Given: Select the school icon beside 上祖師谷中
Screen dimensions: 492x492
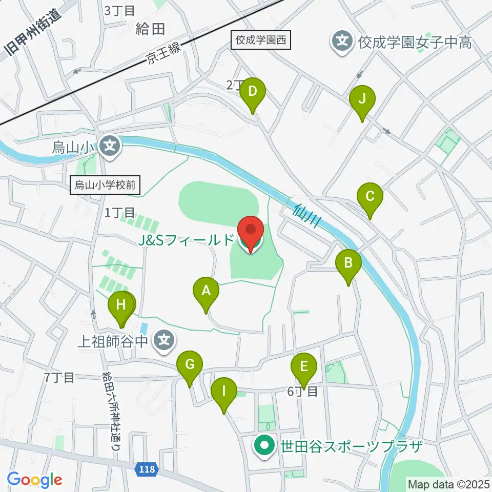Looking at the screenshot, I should [x=164, y=340].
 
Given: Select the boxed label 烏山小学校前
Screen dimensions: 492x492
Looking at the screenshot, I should [x=105, y=185].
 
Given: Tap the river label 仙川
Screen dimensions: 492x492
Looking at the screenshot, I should [x=307, y=216].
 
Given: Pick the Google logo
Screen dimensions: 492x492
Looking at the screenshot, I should [x=35, y=480].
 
